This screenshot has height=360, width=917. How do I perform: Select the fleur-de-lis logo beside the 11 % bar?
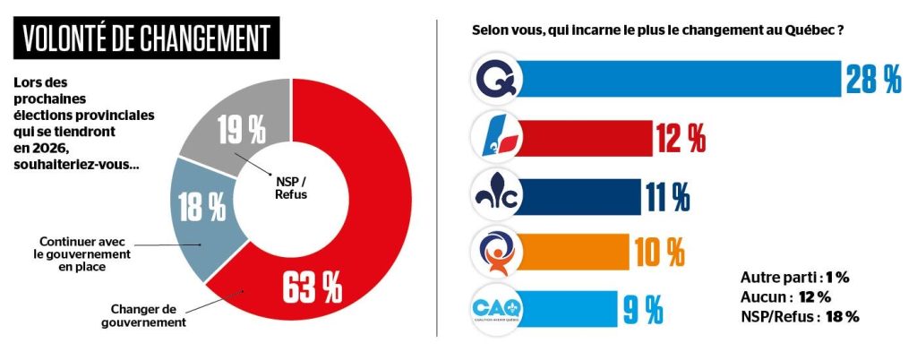click(495, 195)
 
